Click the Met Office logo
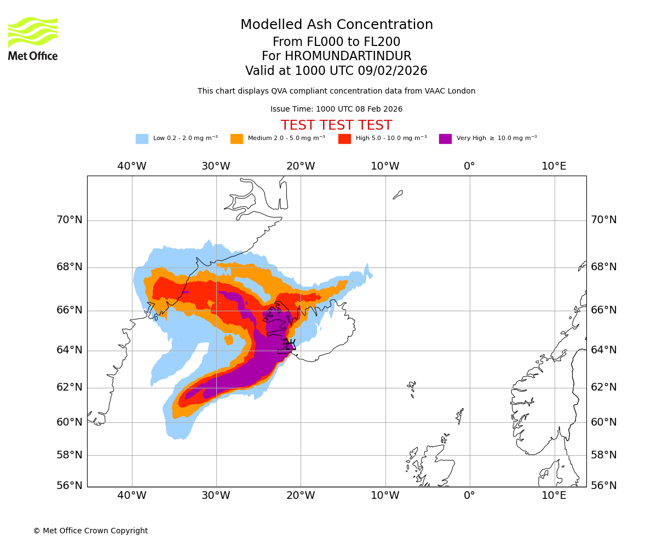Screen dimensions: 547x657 33,38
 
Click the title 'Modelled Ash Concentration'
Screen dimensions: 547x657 337,25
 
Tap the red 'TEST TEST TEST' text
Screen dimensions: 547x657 336,125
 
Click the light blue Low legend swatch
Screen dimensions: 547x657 142,138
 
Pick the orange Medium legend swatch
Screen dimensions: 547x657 237,138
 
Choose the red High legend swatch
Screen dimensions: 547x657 344,138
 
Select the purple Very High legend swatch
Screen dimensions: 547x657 445,138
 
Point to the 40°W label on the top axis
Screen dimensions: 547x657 132,166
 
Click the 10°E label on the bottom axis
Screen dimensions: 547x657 554,496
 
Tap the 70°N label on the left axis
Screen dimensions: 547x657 70,220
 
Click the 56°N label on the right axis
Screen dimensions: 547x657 603,485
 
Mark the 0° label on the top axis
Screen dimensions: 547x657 469,166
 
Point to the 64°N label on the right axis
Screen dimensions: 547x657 603,350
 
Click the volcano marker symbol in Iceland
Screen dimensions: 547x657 290,345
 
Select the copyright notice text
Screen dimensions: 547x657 90,531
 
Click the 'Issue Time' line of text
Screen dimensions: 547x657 336,109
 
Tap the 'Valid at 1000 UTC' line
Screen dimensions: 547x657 336,71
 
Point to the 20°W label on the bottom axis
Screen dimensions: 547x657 301,496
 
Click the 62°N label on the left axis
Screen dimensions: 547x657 70,387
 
